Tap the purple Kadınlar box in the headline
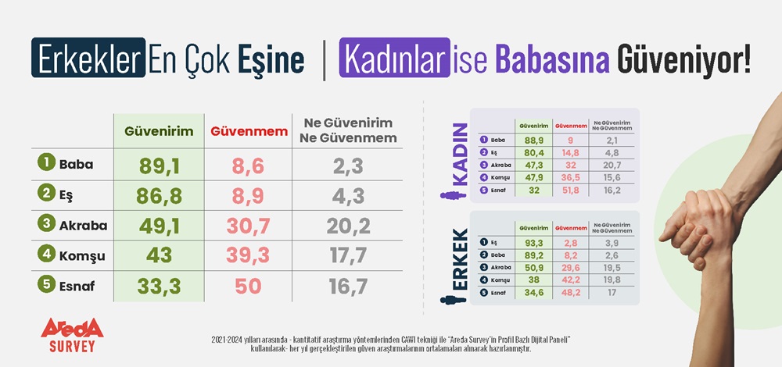(x=394, y=60)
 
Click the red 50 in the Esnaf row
(x=247, y=286)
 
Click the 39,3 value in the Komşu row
(x=247, y=255)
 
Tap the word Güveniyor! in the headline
(x=683, y=60)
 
